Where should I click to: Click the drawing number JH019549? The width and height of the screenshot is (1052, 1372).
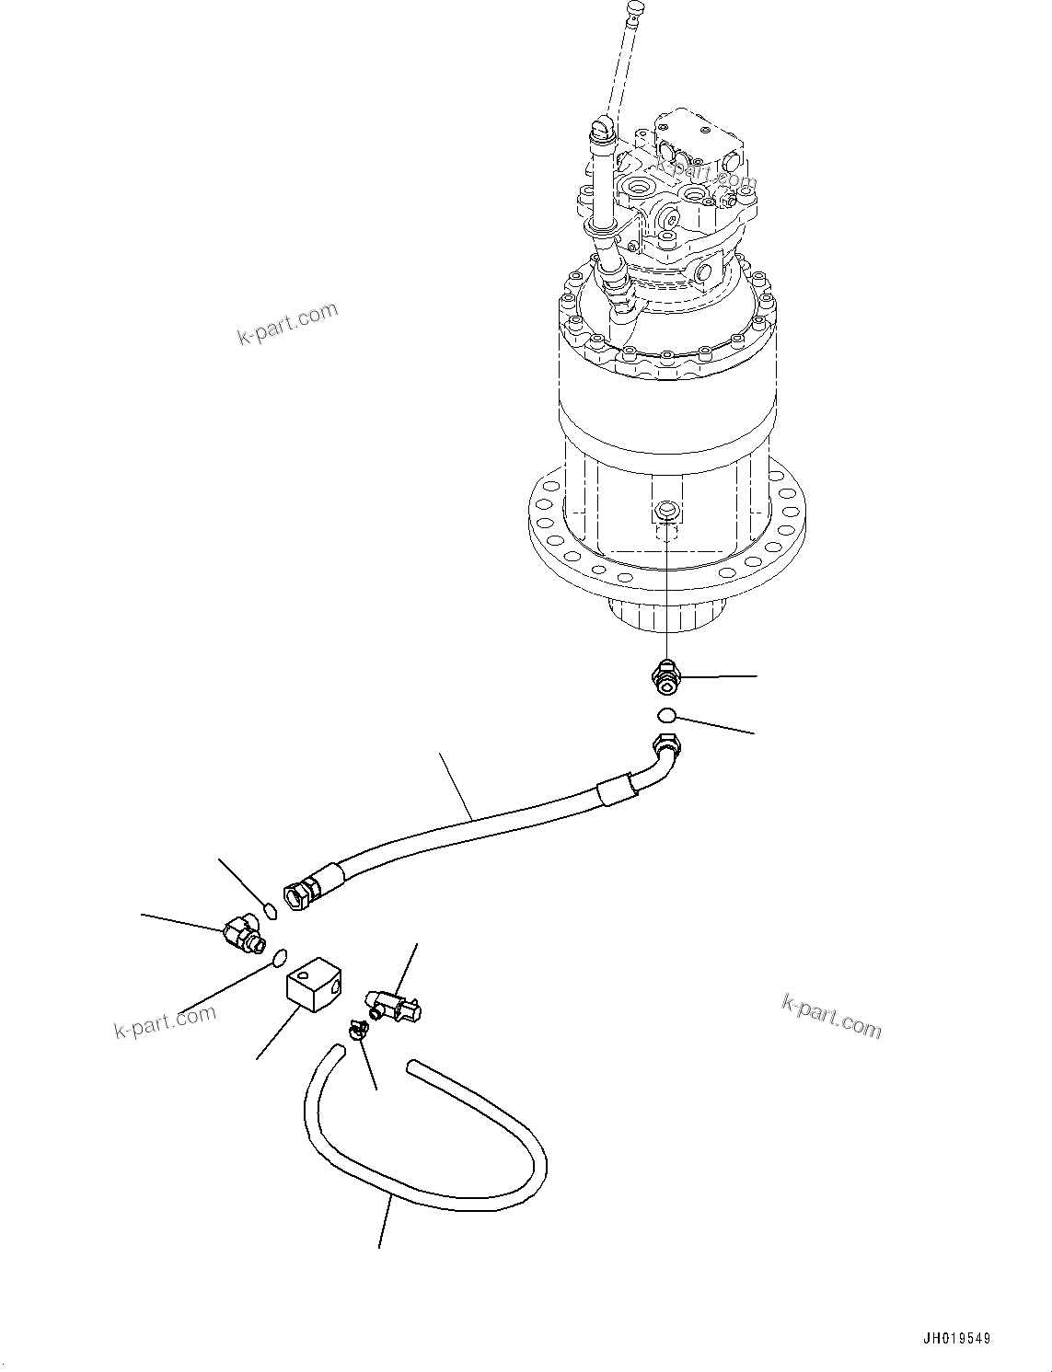[958, 1340]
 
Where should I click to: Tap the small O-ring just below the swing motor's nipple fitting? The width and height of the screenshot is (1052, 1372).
[667, 714]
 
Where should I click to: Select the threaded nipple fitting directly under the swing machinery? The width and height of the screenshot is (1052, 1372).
[665, 679]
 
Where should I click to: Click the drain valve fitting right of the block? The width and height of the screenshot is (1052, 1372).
[394, 1004]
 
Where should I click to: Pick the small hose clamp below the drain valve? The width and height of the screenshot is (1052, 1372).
[358, 1032]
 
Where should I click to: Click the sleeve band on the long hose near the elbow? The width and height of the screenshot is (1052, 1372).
[616, 790]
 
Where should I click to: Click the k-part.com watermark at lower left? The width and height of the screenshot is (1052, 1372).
[166, 1020]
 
